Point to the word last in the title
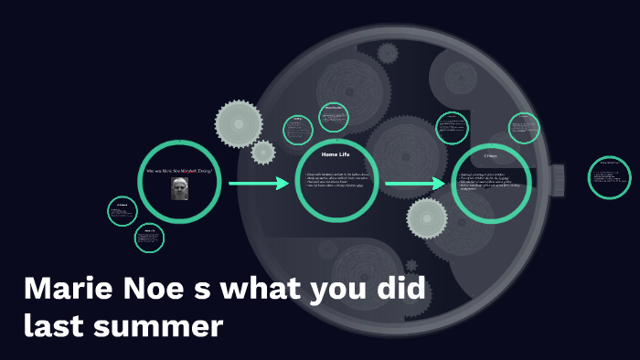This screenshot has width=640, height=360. click(x=55, y=326)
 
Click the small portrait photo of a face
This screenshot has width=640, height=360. click(x=180, y=189)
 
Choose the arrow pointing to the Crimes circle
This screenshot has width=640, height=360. click(x=415, y=185)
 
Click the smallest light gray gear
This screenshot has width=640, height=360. click(x=263, y=153)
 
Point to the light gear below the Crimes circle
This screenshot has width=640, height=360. click(x=426, y=218)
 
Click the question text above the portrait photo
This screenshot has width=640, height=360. click(x=180, y=170)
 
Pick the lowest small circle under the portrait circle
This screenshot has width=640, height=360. click(x=149, y=238)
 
